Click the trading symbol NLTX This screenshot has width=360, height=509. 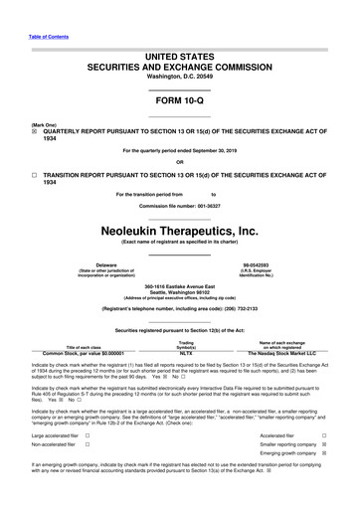[184, 352]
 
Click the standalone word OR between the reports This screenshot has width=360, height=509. [179, 163]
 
